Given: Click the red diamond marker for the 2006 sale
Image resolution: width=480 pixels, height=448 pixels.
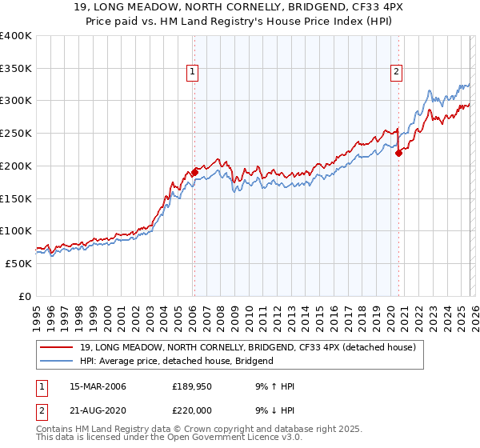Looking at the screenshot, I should [194, 172].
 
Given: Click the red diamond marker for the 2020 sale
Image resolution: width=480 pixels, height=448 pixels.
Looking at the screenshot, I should [398, 153].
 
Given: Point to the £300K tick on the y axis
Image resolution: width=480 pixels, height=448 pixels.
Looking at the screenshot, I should [16, 101].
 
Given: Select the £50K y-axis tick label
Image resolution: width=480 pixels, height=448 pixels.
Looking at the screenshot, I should [18, 263].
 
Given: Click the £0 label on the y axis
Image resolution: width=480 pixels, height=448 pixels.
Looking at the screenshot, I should [26, 296].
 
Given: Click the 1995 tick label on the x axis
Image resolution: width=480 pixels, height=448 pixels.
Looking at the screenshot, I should [37, 313].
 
